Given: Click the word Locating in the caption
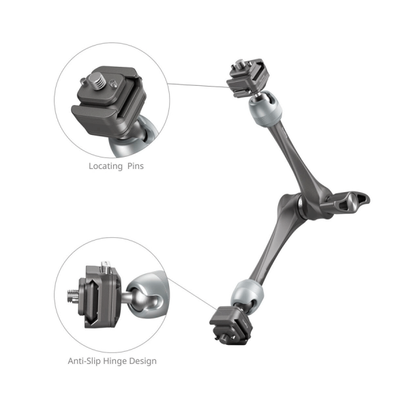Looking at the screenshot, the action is (x=106, y=166).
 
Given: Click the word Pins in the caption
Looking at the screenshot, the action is (x=136, y=166).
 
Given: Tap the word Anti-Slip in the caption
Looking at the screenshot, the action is (x=85, y=361).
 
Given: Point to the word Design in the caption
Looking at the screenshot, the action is (x=142, y=361).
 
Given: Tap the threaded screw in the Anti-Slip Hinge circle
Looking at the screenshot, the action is (x=73, y=297).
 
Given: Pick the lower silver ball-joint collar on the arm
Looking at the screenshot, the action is (x=247, y=293).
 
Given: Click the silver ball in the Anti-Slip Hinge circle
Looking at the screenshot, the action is (x=143, y=297).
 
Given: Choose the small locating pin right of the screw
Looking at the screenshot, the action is (x=112, y=84).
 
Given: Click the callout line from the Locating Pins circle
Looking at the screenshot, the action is (x=198, y=85).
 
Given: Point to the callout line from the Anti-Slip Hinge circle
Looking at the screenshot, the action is (x=192, y=294).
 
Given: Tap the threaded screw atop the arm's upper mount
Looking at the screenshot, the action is (x=239, y=64).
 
